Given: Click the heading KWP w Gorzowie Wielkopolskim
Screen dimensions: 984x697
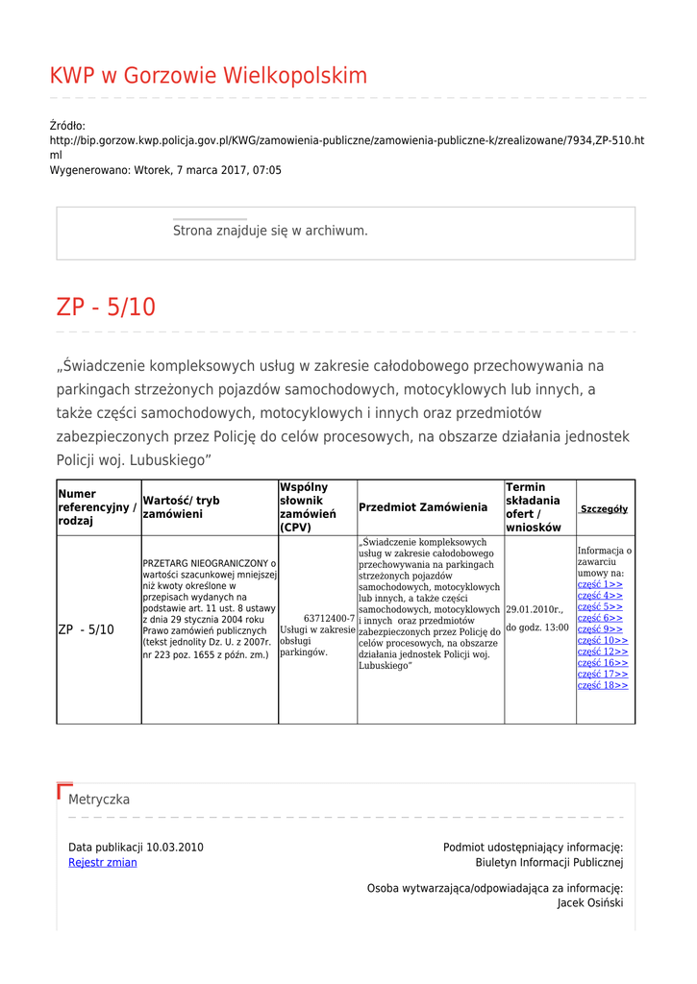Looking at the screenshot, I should coord(208,76).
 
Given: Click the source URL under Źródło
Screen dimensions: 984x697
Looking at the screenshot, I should coord(346,140).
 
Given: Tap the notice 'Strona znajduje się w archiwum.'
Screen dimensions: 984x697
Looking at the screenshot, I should coord(270,231).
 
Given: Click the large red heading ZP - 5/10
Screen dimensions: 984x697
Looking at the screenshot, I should coord(106,307).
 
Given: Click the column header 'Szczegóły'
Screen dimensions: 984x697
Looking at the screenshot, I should coord(604,508).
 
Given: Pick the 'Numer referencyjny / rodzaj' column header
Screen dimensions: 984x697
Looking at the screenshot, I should coord(96,507).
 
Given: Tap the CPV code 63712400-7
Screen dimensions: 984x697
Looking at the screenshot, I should coord(329,618).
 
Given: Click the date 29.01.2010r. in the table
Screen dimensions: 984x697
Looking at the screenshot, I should coord(535,610).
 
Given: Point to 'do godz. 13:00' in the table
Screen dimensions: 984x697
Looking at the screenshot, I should coord(536,627).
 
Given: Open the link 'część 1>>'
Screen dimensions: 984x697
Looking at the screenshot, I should coord(600,584).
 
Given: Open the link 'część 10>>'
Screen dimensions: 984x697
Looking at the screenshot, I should coord(603,640).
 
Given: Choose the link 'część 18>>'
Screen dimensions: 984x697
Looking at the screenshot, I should coord(603,685).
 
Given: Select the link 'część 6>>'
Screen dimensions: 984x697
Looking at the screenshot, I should coord(600,618).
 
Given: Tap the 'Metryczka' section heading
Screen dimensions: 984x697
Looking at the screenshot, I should coord(99,799).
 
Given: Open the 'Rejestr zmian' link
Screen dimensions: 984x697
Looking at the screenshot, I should coord(103,863).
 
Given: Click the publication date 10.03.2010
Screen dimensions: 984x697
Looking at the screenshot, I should coord(175,848).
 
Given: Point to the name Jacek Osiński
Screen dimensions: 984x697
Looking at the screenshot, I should coord(589,903).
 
